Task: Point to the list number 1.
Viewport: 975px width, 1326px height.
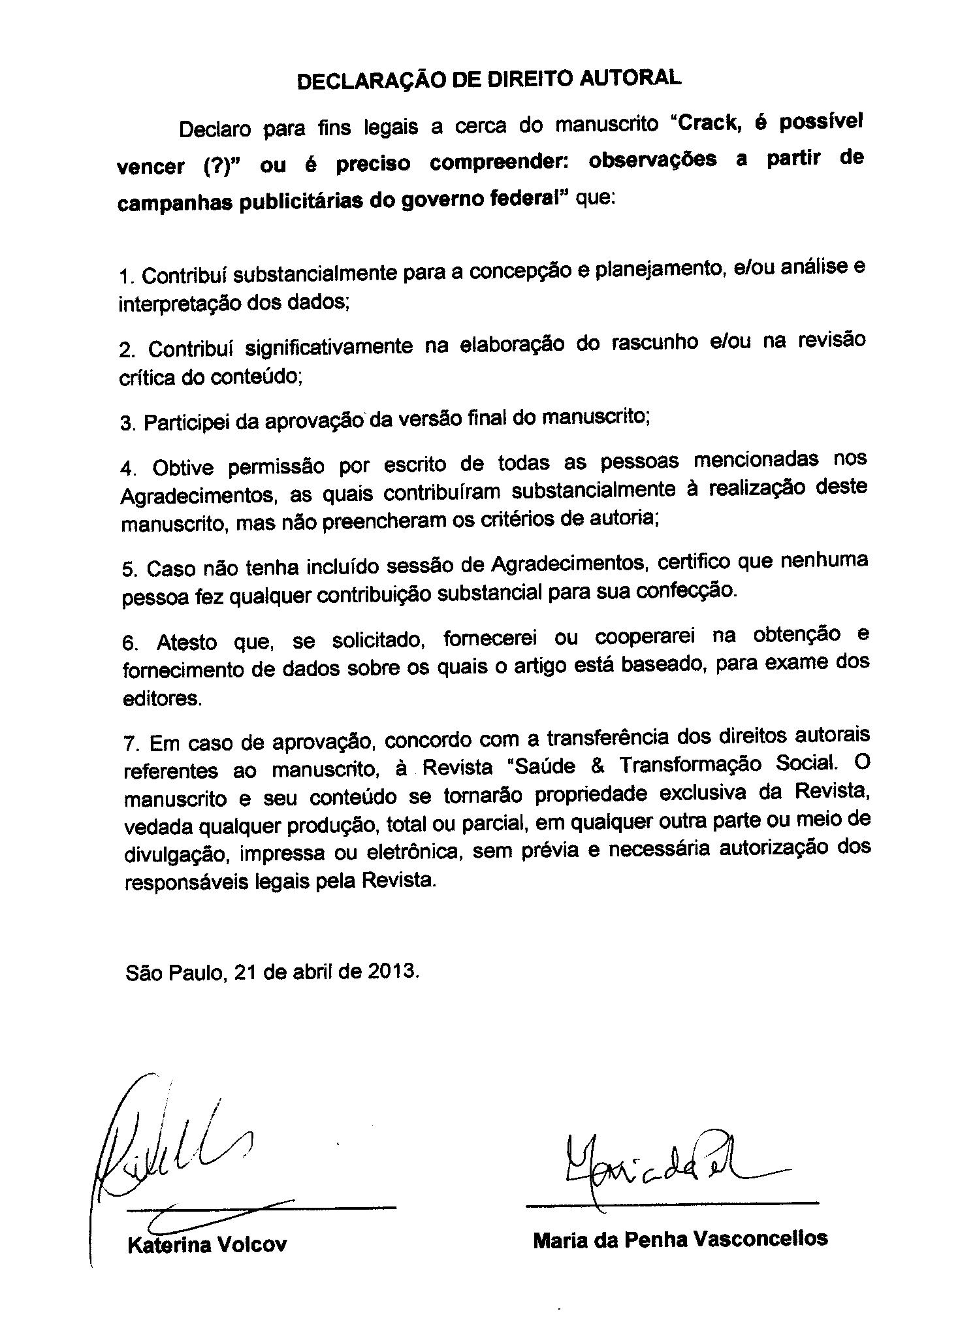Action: [x=125, y=278]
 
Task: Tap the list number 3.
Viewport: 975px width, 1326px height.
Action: [x=126, y=424]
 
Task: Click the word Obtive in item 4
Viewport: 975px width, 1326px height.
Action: [x=183, y=468]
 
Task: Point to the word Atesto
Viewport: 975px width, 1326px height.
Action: [x=187, y=642]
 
